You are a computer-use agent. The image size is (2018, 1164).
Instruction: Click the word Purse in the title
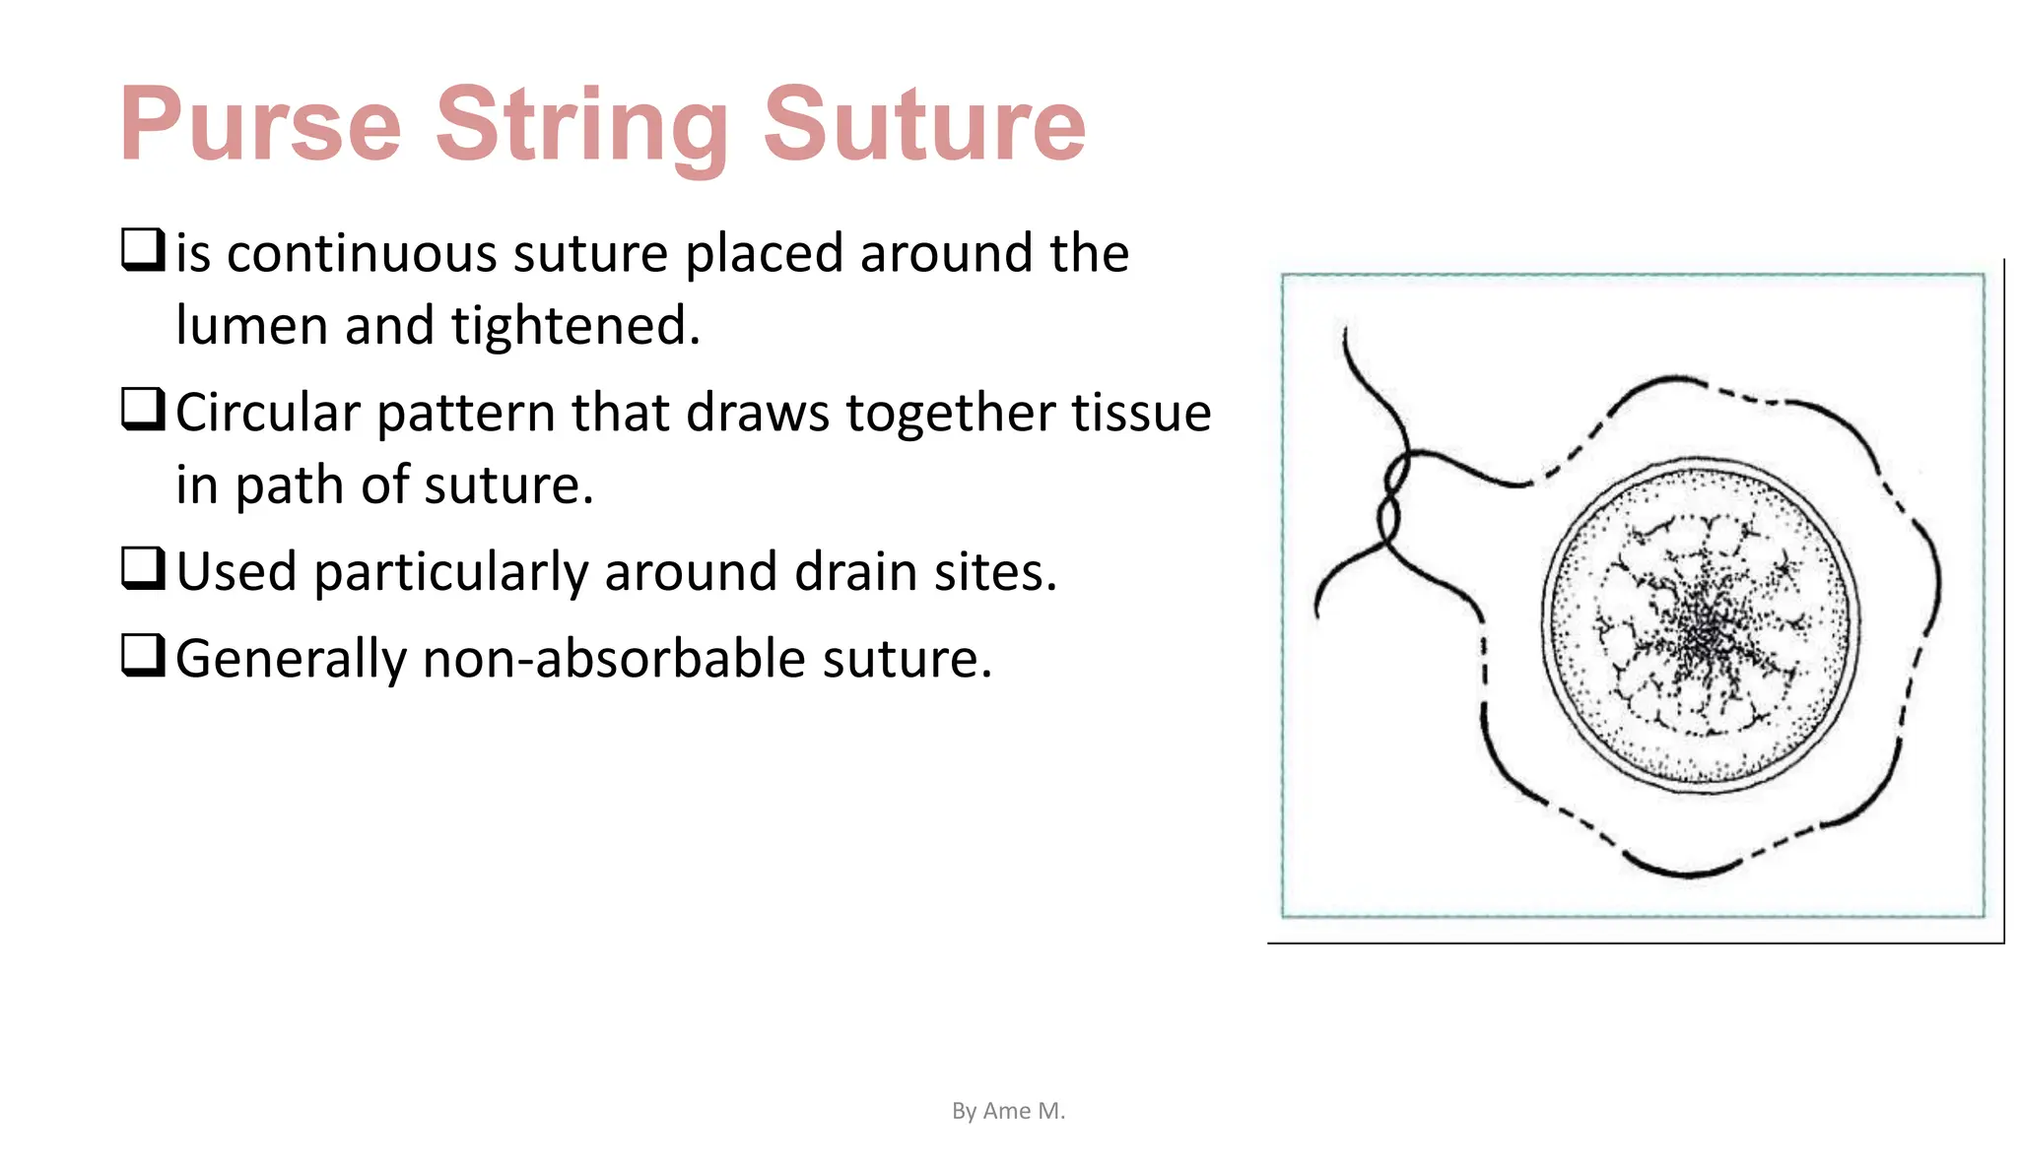(260, 125)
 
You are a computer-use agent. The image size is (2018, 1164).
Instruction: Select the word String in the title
(582, 125)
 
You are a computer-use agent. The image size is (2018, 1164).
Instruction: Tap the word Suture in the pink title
(923, 125)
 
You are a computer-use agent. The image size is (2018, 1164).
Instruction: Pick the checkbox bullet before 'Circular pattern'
(143, 409)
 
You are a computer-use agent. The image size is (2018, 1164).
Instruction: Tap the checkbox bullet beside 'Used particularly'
(143, 568)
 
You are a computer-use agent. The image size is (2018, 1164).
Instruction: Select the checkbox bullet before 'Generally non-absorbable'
(143, 655)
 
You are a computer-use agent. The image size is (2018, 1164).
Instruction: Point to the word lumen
(251, 326)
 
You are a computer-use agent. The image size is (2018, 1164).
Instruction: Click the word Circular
(267, 413)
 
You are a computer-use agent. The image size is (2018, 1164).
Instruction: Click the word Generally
(291, 660)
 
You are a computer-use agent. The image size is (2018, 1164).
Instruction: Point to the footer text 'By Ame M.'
(1008, 1111)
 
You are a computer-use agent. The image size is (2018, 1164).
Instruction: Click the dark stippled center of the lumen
(1702, 630)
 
